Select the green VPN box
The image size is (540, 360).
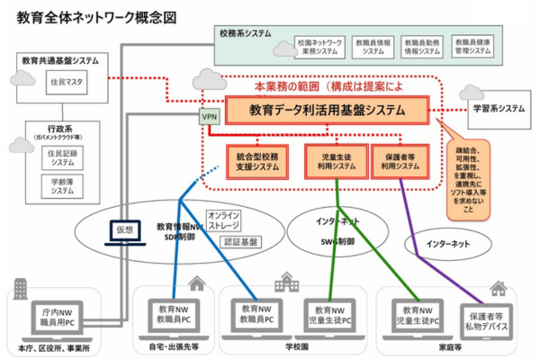point(209,116)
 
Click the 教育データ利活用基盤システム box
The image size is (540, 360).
point(327,111)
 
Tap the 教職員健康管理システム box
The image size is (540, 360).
point(473,47)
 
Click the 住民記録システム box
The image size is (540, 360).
point(63,159)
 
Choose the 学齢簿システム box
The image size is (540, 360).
point(63,186)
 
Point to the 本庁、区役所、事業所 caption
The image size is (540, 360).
point(54,349)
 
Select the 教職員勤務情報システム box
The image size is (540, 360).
point(422,47)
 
